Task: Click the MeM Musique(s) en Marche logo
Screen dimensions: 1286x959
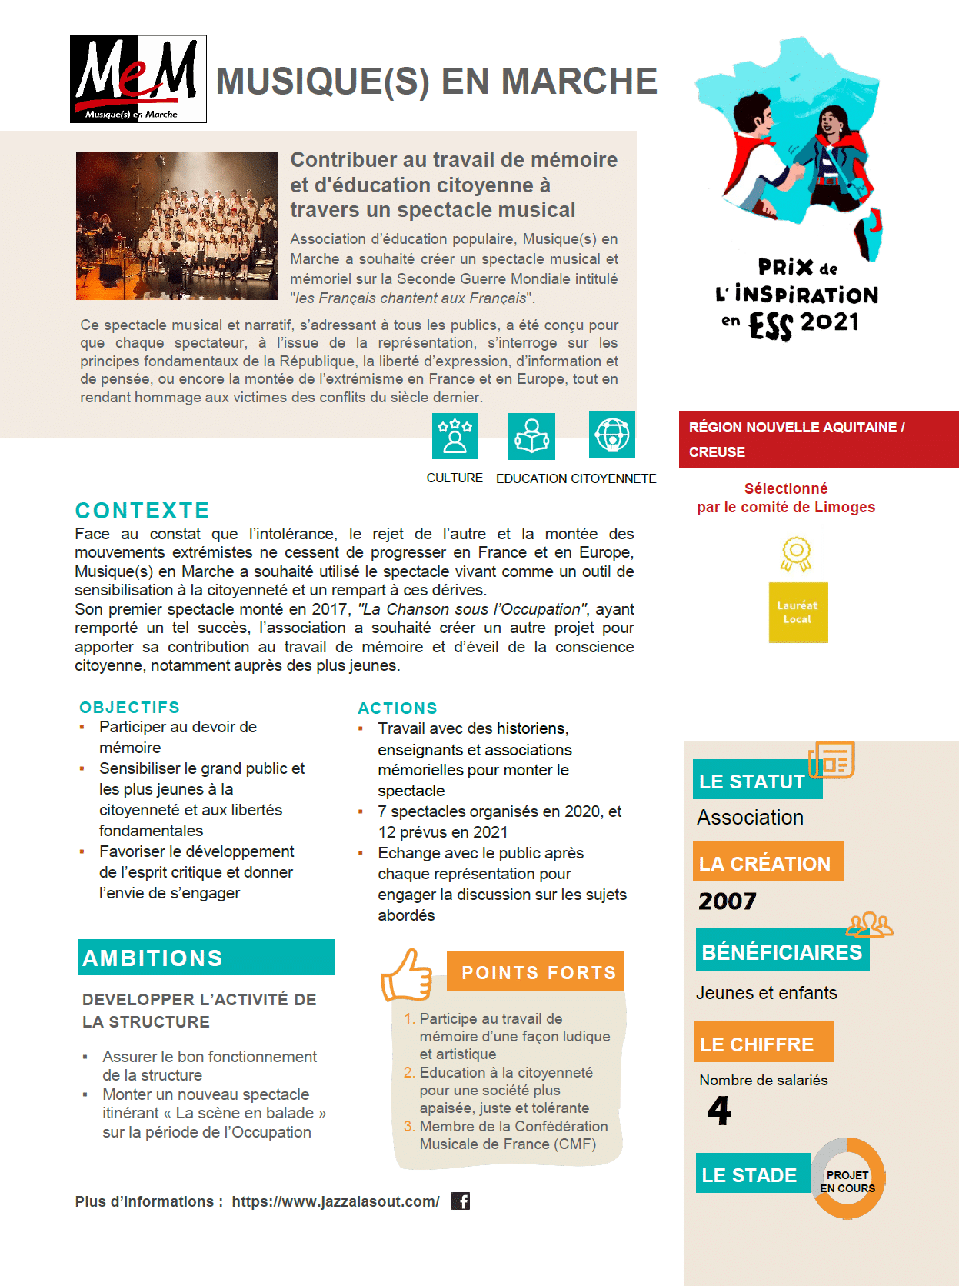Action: coord(138,78)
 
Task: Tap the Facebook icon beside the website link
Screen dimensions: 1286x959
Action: coord(461,1201)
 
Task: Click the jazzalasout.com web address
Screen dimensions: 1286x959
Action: coord(335,1201)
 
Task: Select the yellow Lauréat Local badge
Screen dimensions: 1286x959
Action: coord(798,611)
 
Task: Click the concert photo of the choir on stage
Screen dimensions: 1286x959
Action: coord(177,225)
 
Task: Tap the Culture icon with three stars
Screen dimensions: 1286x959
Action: coord(455,435)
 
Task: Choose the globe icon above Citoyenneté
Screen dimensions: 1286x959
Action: coord(612,435)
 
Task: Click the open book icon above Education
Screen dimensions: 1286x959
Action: coord(531,436)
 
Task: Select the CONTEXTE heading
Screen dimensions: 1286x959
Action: coord(142,511)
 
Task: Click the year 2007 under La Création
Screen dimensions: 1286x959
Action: coord(728,901)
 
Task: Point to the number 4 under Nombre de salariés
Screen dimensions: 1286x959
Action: coord(719,1110)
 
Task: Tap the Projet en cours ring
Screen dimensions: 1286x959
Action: coord(847,1178)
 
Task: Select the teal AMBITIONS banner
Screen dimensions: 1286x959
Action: coord(206,958)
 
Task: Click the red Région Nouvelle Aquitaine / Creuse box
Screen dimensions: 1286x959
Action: coord(818,439)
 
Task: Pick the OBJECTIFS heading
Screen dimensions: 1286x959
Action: coord(129,707)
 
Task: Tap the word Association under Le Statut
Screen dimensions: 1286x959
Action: coord(750,817)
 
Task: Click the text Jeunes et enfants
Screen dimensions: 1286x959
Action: coord(766,993)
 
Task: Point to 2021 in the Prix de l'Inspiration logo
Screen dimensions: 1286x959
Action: coord(830,321)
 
